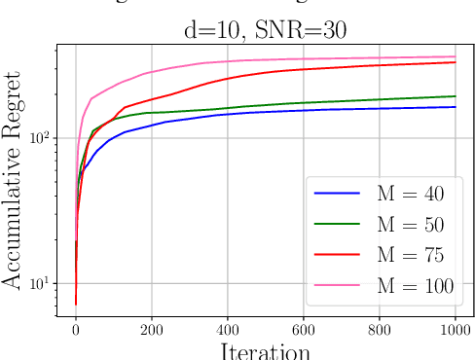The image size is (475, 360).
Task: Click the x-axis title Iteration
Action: [264, 349]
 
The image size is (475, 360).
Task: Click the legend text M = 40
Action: [410, 195]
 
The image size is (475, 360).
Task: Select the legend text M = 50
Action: [410, 225]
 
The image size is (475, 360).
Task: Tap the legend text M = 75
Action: [410, 255]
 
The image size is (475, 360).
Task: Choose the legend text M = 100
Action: [415, 286]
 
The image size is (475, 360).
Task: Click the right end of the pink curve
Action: [455, 56]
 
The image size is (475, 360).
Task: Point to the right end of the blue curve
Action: [455, 107]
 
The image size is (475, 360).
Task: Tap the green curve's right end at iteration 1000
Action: [455, 96]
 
